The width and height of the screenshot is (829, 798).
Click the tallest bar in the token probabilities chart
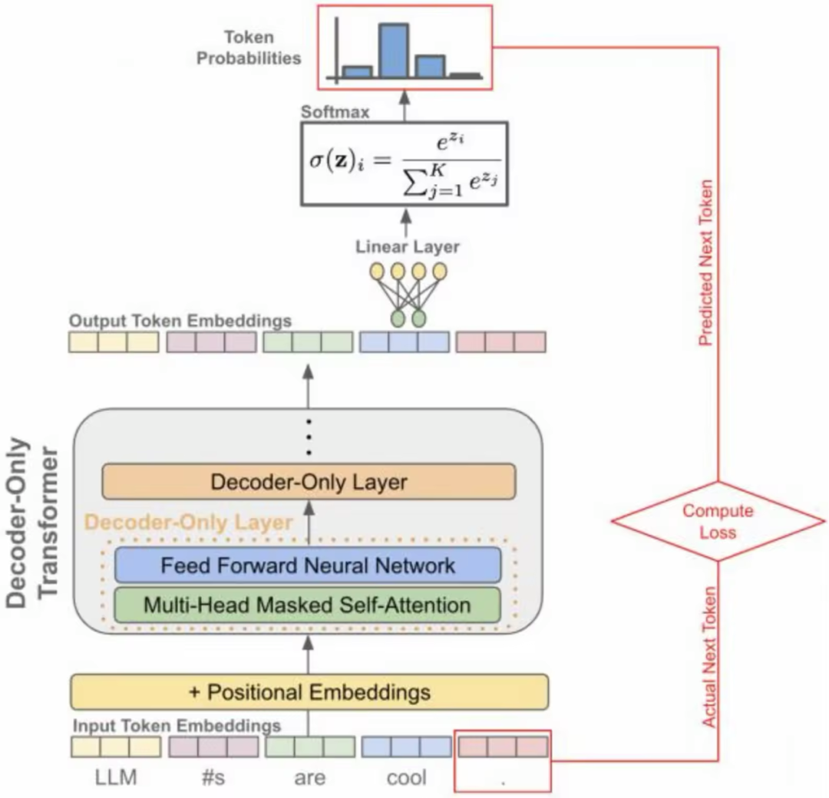tap(394, 51)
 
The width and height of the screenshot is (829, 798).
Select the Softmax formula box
tap(405, 164)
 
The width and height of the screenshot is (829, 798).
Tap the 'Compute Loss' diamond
tap(718, 521)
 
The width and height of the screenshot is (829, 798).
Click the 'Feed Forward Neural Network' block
tap(308, 566)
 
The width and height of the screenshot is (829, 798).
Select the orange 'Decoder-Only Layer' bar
tap(309, 482)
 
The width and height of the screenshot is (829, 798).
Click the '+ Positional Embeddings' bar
tap(309, 692)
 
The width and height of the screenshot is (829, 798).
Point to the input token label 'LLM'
tap(116, 777)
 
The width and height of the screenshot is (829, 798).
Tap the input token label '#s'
tap(213, 777)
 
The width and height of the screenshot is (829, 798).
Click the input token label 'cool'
tap(407, 777)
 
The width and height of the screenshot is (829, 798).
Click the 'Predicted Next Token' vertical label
tap(706, 263)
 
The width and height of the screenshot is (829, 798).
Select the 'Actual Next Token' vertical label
tap(708, 657)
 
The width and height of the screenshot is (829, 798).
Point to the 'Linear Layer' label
tap(407, 247)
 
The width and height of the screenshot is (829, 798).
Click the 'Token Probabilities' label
tap(249, 48)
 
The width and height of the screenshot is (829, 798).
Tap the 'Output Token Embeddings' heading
tap(180, 321)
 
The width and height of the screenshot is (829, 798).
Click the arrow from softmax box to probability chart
tap(405, 106)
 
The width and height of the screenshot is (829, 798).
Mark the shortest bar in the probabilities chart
tap(466, 76)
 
